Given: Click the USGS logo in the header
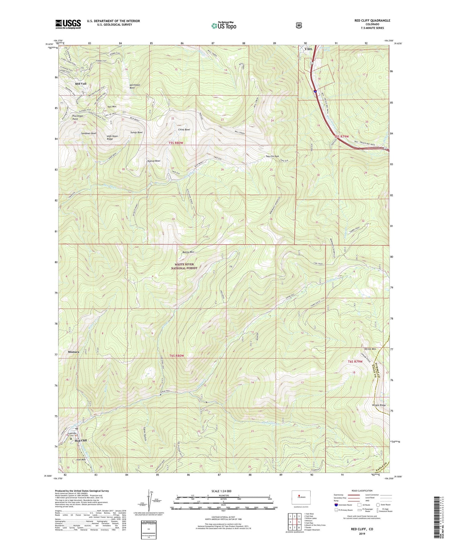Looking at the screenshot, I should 68,24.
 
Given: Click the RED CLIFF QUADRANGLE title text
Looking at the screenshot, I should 372,21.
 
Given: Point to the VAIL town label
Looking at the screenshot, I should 306,49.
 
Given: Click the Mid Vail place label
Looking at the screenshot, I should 81,84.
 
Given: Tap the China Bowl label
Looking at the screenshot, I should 184,130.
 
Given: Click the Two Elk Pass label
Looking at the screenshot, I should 272,156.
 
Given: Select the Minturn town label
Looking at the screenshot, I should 73,352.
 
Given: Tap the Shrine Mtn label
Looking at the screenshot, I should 370,349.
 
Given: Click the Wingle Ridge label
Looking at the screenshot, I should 379,405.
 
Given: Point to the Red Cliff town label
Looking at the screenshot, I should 81,440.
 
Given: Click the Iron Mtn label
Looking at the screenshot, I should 81,459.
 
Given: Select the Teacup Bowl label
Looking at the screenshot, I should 154,161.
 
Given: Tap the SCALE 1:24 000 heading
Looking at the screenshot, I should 221,491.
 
